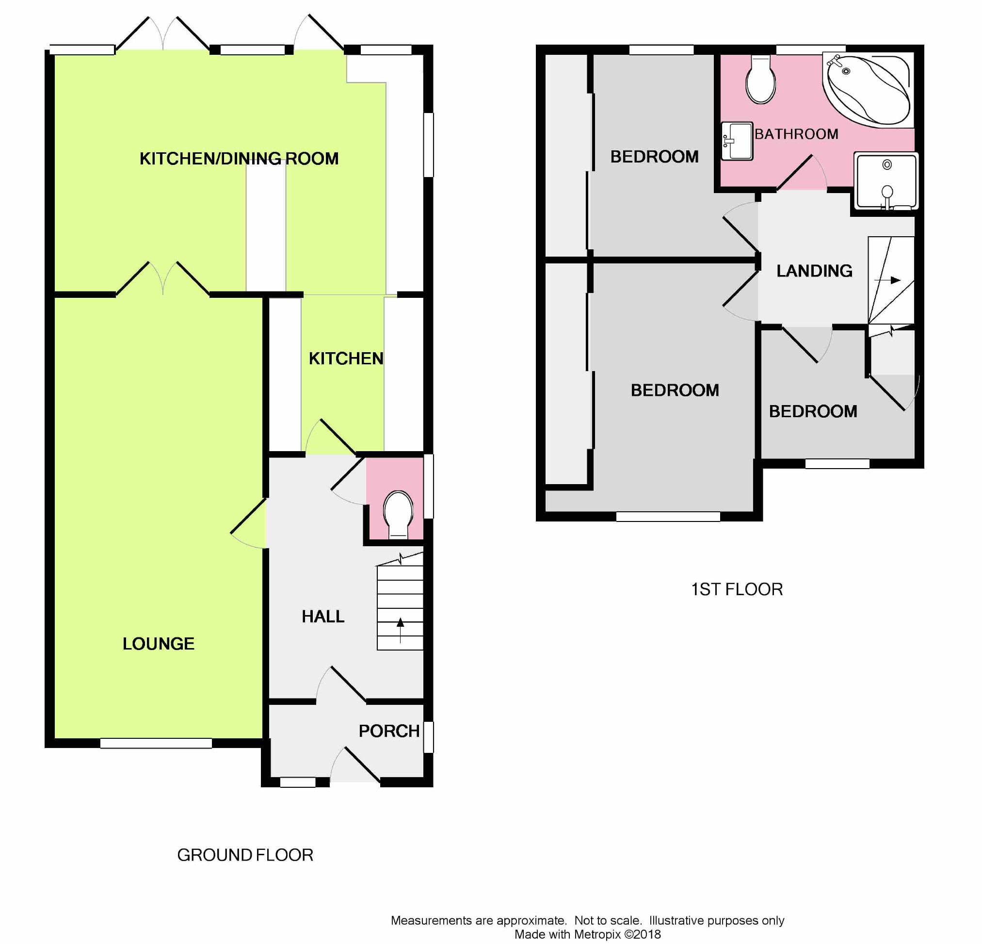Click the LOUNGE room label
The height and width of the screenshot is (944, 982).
coord(158,644)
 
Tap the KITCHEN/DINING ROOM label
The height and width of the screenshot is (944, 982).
coord(239,159)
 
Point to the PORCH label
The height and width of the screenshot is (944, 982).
coord(389,731)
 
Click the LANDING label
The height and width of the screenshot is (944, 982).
coord(814,271)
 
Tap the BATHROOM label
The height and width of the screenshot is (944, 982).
coord(796,134)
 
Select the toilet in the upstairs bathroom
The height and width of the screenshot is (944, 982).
coord(760,80)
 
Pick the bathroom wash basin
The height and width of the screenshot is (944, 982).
coord(737,141)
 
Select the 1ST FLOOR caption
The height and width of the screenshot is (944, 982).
coord(737,590)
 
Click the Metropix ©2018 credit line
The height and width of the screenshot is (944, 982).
coord(588,934)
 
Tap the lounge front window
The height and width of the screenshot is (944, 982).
coord(156,744)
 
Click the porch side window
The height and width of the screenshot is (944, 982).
coord(428,736)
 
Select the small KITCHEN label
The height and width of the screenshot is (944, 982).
coord(346,359)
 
